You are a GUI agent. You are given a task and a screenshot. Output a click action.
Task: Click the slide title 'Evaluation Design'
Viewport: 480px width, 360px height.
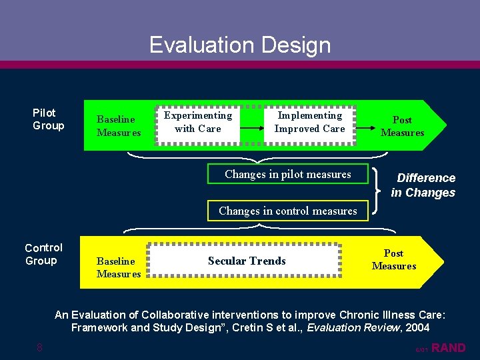(240, 45)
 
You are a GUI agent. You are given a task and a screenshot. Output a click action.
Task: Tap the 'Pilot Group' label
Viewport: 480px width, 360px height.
(49, 119)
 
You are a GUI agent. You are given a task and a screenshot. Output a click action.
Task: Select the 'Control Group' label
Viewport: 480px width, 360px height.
(43, 254)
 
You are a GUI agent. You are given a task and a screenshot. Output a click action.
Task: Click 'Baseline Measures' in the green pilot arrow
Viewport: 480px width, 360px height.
(118, 126)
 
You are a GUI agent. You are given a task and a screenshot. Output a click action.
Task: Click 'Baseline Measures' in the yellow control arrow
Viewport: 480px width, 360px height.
(118, 267)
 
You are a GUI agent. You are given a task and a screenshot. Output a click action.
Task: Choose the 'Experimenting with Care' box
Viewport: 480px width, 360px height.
(197, 122)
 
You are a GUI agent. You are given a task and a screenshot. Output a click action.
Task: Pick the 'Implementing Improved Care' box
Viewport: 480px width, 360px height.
(309, 122)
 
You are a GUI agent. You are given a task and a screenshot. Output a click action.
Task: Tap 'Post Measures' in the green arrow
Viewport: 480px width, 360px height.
(402, 126)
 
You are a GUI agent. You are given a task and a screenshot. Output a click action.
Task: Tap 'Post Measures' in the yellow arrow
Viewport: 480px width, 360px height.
(393, 259)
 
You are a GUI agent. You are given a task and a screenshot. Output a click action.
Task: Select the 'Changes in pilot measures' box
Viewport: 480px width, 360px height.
(287, 174)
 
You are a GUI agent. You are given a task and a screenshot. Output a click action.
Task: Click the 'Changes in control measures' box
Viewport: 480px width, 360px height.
(287, 211)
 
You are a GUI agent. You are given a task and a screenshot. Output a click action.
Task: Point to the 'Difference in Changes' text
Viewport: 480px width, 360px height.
(424, 185)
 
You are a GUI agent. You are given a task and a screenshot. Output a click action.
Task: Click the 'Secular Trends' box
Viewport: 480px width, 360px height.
(246, 261)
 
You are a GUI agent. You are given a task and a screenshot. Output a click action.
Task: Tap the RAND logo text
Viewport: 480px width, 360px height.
(449, 347)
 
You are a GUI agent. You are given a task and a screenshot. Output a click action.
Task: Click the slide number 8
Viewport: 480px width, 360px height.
(40, 347)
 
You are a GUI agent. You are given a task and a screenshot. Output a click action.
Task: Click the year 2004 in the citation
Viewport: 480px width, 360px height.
(416, 327)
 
